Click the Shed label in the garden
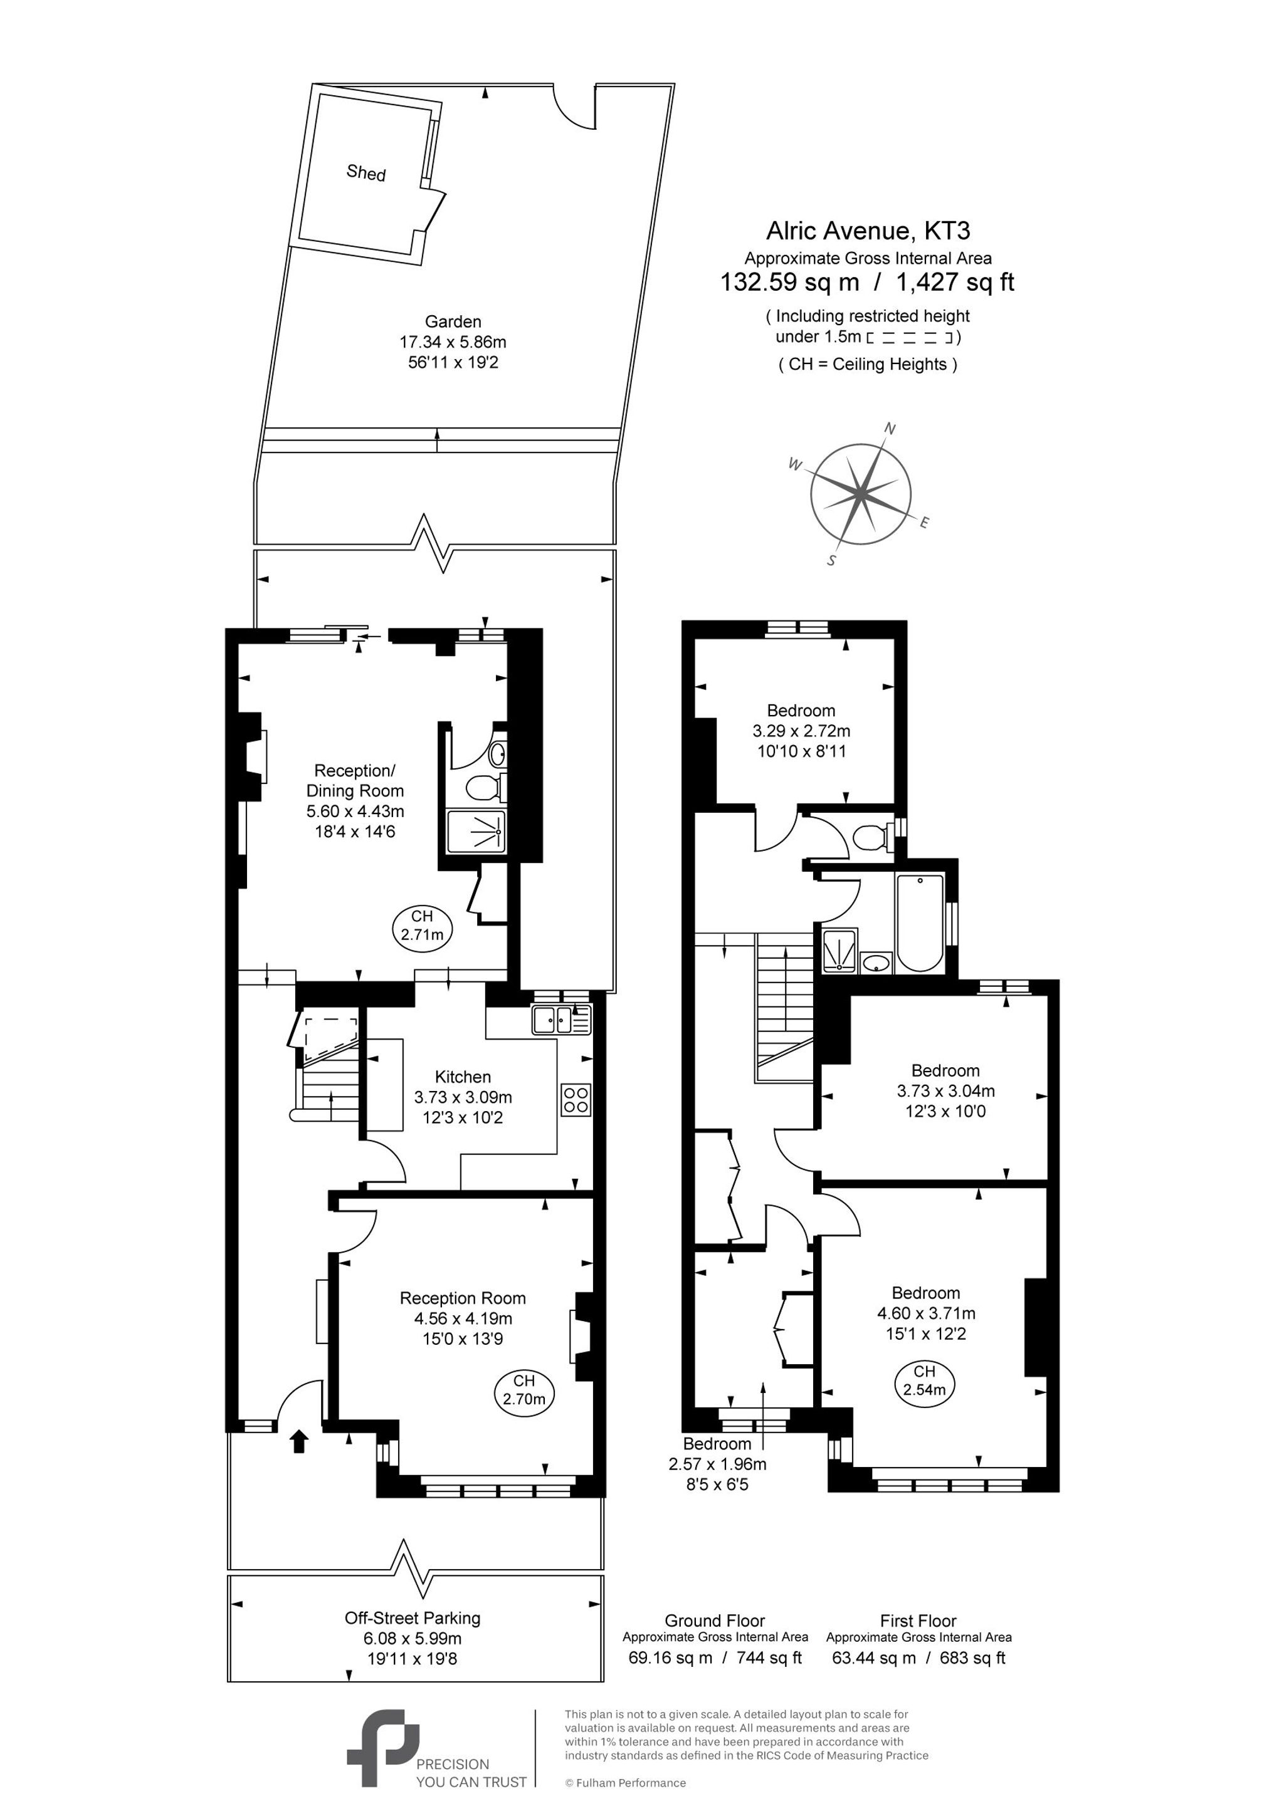(x=366, y=172)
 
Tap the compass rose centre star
(x=861, y=494)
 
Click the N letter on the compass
(x=889, y=429)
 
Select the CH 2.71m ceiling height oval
(x=423, y=926)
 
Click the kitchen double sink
(x=561, y=1020)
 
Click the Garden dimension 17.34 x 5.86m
(x=453, y=342)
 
